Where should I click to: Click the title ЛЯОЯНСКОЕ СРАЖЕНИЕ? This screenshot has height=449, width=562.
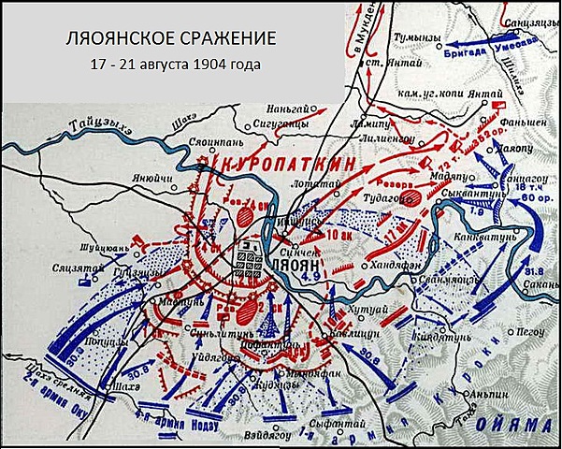(x=170, y=41)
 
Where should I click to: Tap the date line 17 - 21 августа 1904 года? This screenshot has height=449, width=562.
(x=170, y=66)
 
